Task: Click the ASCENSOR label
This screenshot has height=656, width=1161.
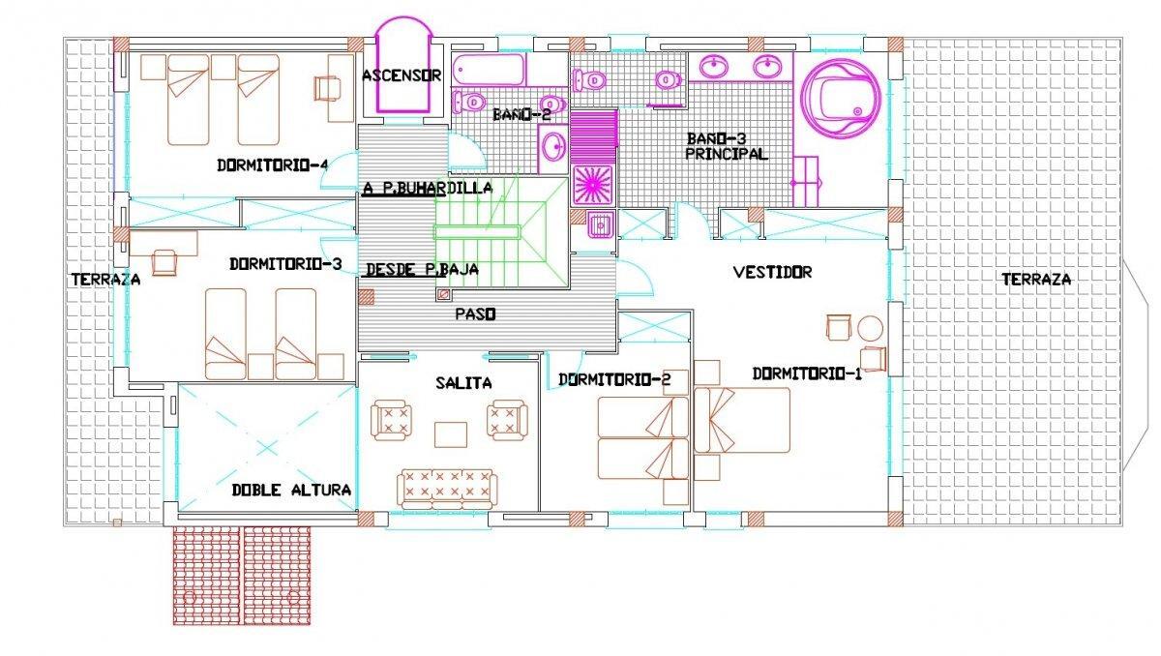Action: click(402, 75)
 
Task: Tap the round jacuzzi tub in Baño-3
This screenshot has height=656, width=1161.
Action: click(840, 100)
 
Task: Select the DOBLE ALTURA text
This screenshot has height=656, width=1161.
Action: click(291, 490)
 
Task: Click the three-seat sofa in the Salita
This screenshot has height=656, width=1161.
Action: click(447, 490)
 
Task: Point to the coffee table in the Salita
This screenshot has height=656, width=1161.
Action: click(451, 434)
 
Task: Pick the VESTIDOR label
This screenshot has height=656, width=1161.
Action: click(773, 272)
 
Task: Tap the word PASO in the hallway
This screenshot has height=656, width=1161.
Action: click(475, 314)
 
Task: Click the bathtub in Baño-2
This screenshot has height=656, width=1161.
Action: click(489, 70)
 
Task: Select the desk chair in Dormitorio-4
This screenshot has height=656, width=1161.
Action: click(327, 88)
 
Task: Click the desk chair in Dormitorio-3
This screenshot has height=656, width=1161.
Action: click(164, 262)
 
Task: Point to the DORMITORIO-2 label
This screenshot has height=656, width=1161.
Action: click(614, 380)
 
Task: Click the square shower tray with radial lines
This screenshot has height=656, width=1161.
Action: click(593, 185)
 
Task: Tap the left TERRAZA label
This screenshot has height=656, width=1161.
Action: click(105, 280)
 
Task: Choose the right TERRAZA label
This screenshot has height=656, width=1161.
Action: click(1036, 280)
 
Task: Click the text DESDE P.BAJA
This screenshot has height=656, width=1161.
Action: click(423, 270)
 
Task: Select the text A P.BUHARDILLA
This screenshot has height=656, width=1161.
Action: click(428, 188)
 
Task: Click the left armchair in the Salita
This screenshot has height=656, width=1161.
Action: click(391, 420)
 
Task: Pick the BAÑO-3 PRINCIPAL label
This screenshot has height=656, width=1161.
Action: click(727, 147)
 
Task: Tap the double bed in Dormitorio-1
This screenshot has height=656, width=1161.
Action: click(742, 420)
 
